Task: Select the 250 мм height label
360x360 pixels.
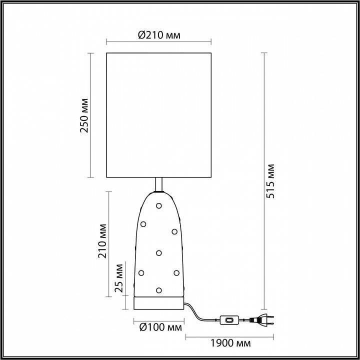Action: tap(84, 119)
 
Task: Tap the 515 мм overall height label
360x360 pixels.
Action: tap(270, 181)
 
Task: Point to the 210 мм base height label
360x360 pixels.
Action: tap(103, 243)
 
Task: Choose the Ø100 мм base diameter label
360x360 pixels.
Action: tap(159, 328)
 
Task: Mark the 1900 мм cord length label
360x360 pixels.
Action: tap(230, 343)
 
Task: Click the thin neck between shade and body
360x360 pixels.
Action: tap(159, 184)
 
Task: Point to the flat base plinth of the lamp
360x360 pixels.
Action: tap(159, 303)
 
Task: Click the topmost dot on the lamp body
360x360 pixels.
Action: tap(159, 205)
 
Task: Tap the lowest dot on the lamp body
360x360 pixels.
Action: tap(159, 289)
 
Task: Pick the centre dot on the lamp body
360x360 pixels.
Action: tap(159, 252)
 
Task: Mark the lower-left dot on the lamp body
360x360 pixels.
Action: tap(141, 272)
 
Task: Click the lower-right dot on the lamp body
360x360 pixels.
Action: tap(176, 272)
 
